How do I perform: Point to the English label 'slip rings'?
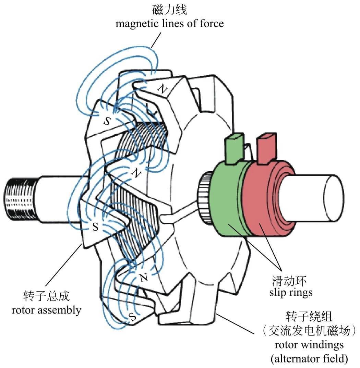[x=290, y=293]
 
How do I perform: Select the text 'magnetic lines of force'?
[x=169, y=23]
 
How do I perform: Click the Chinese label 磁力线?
[x=169, y=10]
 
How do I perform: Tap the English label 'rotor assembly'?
[x=46, y=310]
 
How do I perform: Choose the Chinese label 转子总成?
[x=46, y=297]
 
